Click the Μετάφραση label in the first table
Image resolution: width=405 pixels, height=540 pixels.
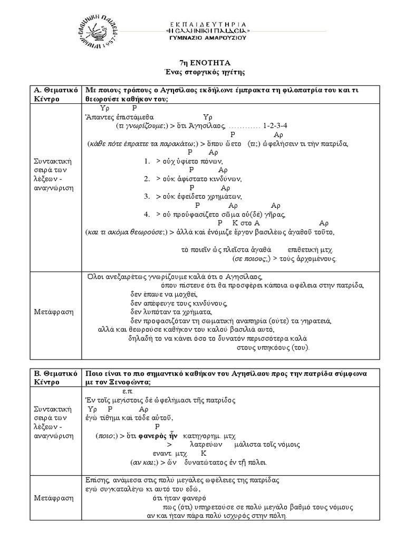coord(51,312)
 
